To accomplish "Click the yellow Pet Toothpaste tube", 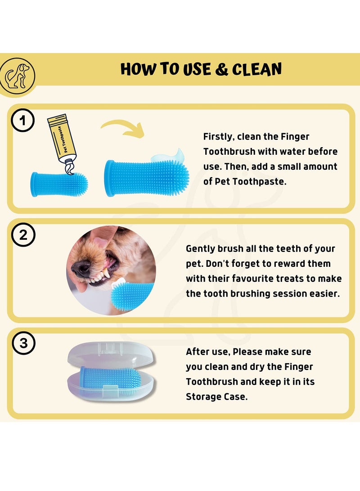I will (x=63, y=140).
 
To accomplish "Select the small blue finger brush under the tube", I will (x=59, y=184).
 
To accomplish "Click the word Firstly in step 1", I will (x=218, y=136).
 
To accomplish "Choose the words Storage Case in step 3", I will (x=216, y=396).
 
